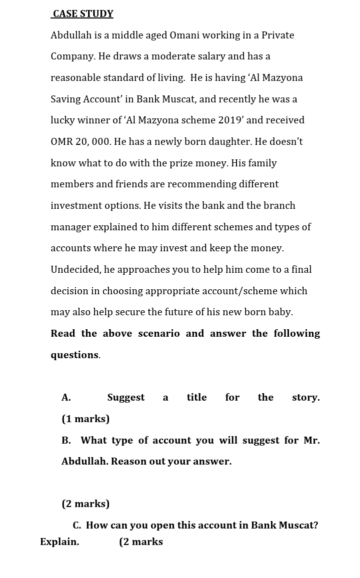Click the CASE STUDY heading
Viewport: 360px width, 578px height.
tap(83, 14)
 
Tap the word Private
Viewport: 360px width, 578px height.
tap(277, 35)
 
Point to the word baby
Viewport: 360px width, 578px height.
tap(280, 312)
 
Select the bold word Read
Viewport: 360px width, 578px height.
tap(63, 334)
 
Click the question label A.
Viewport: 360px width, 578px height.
tap(66, 398)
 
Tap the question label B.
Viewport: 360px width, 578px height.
tap(66, 441)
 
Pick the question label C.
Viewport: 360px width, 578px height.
tap(77, 526)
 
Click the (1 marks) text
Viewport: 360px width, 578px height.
tap(85, 419)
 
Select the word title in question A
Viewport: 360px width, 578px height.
tap(196, 398)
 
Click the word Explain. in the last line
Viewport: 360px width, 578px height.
tap(59, 542)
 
